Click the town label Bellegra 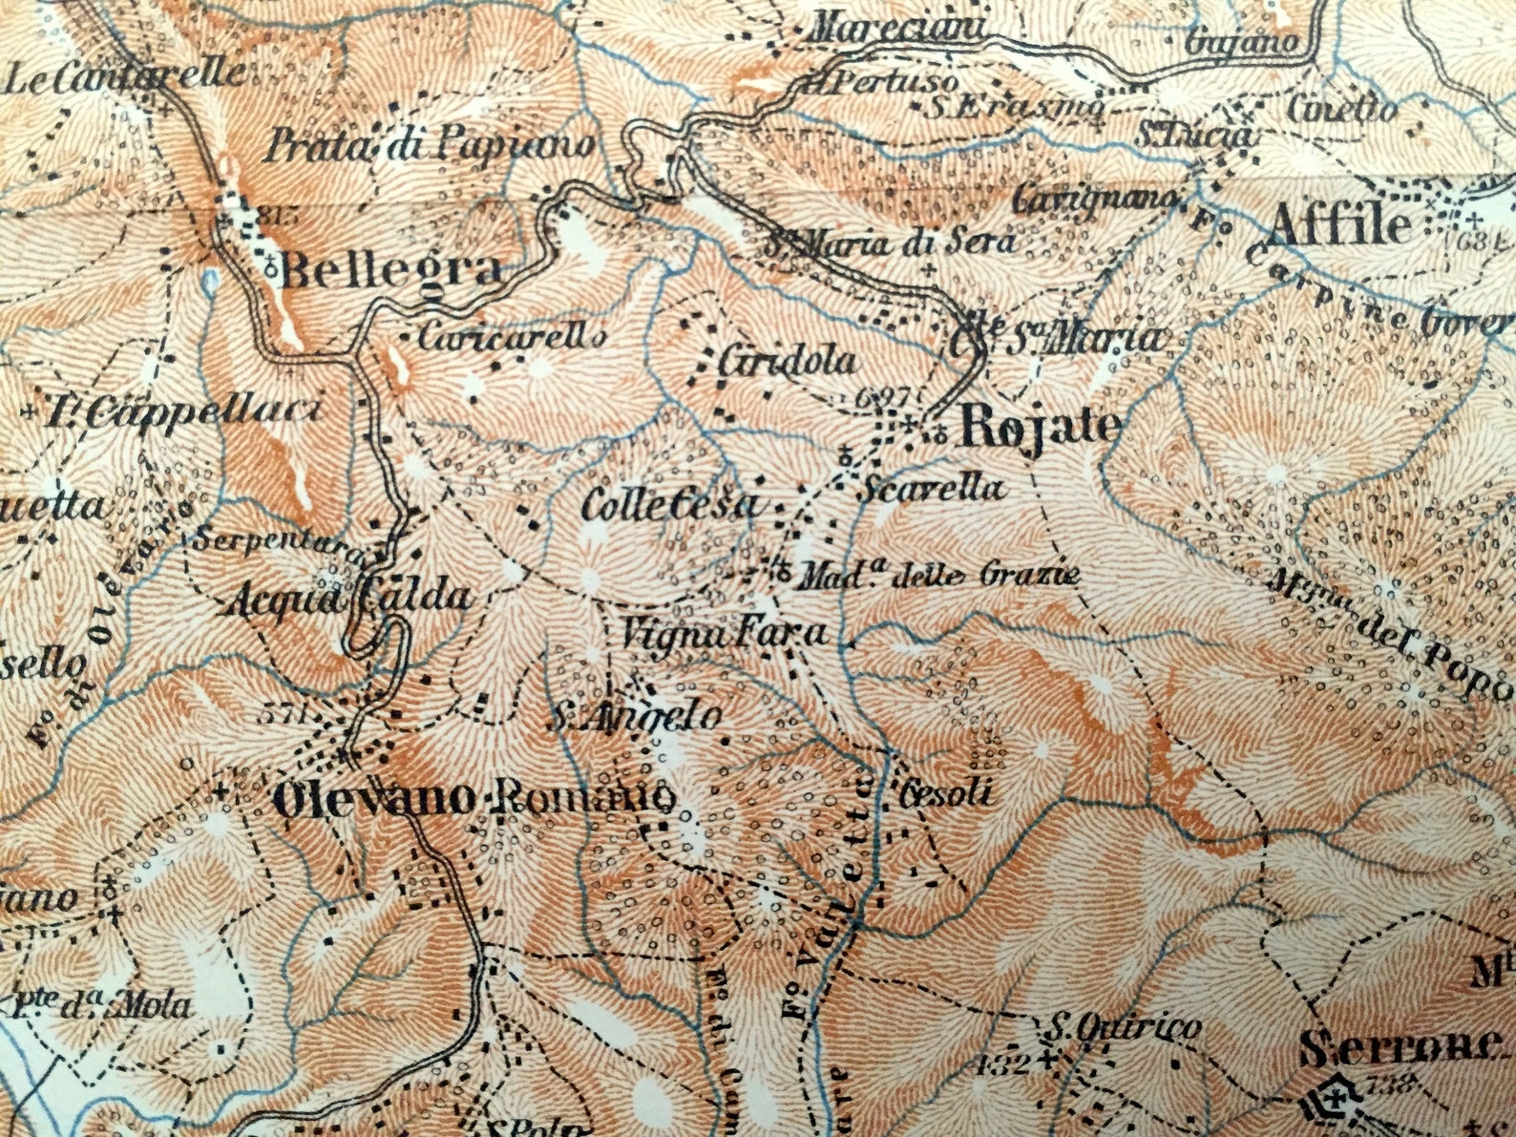(x=390, y=270)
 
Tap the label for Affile (x=1338, y=227)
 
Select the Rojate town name (x=1040, y=426)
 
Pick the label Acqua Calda (x=350, y=599)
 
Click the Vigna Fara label (x=724, y=632)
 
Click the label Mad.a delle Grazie (x=939, y=576)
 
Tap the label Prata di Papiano (x=430, y=146)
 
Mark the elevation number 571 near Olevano (x=283, y=714)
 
